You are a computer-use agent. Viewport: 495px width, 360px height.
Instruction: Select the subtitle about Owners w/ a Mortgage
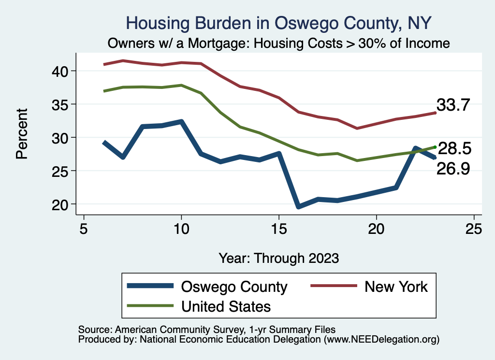[278, 43]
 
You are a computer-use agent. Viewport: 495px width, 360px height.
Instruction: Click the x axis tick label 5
[84, 228]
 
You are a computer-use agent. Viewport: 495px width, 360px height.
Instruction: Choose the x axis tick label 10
[181, 228]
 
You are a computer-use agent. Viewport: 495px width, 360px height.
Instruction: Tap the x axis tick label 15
[279, 228]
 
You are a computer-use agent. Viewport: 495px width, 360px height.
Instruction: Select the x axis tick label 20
[376, 228]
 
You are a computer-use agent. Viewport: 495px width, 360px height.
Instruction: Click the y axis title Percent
[22, 138]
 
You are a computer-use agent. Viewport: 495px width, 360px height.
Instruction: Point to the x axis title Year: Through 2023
[278, 258]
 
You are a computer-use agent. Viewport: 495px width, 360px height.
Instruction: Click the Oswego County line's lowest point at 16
[298, 206]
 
